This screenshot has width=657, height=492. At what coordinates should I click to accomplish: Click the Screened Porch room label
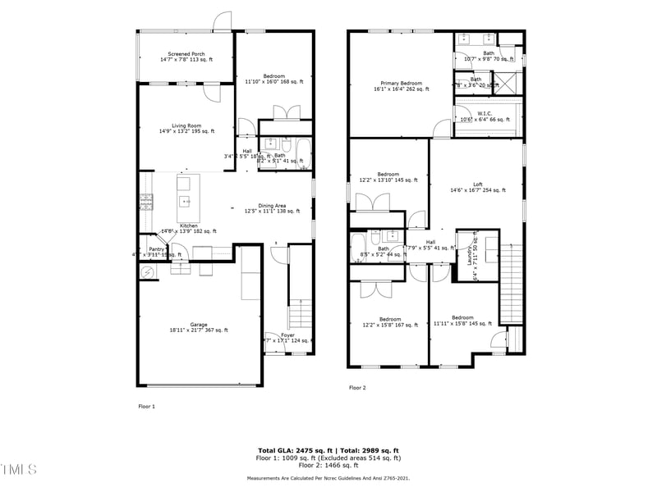click(x=186, y=54)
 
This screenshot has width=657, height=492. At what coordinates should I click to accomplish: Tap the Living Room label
click(x=186, y=125)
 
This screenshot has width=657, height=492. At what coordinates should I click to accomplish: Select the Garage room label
click(x=199, y=325)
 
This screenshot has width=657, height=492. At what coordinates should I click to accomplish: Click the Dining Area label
click(x=272, y=206)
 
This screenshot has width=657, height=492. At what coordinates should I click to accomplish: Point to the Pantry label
click(x=156, y=249)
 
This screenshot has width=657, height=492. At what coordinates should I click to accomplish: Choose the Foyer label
click(x=287, y=335)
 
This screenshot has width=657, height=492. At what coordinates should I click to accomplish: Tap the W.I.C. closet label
click(x=485, y=114)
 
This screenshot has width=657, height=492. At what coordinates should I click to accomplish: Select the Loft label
click(x=477, y=184)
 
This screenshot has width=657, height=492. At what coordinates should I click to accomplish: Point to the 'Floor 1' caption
click(x=146, y=406)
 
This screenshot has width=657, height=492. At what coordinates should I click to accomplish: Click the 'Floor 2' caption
click(x=357, y=387)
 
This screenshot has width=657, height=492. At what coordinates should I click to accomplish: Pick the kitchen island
click(x=184, y=192)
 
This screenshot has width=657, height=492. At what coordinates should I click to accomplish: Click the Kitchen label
click(x=188, y=225)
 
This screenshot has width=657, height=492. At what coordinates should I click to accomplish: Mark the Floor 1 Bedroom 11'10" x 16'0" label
click(x=274, y=80)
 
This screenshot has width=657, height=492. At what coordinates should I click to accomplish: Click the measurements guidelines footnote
click(x=328, y=478)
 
